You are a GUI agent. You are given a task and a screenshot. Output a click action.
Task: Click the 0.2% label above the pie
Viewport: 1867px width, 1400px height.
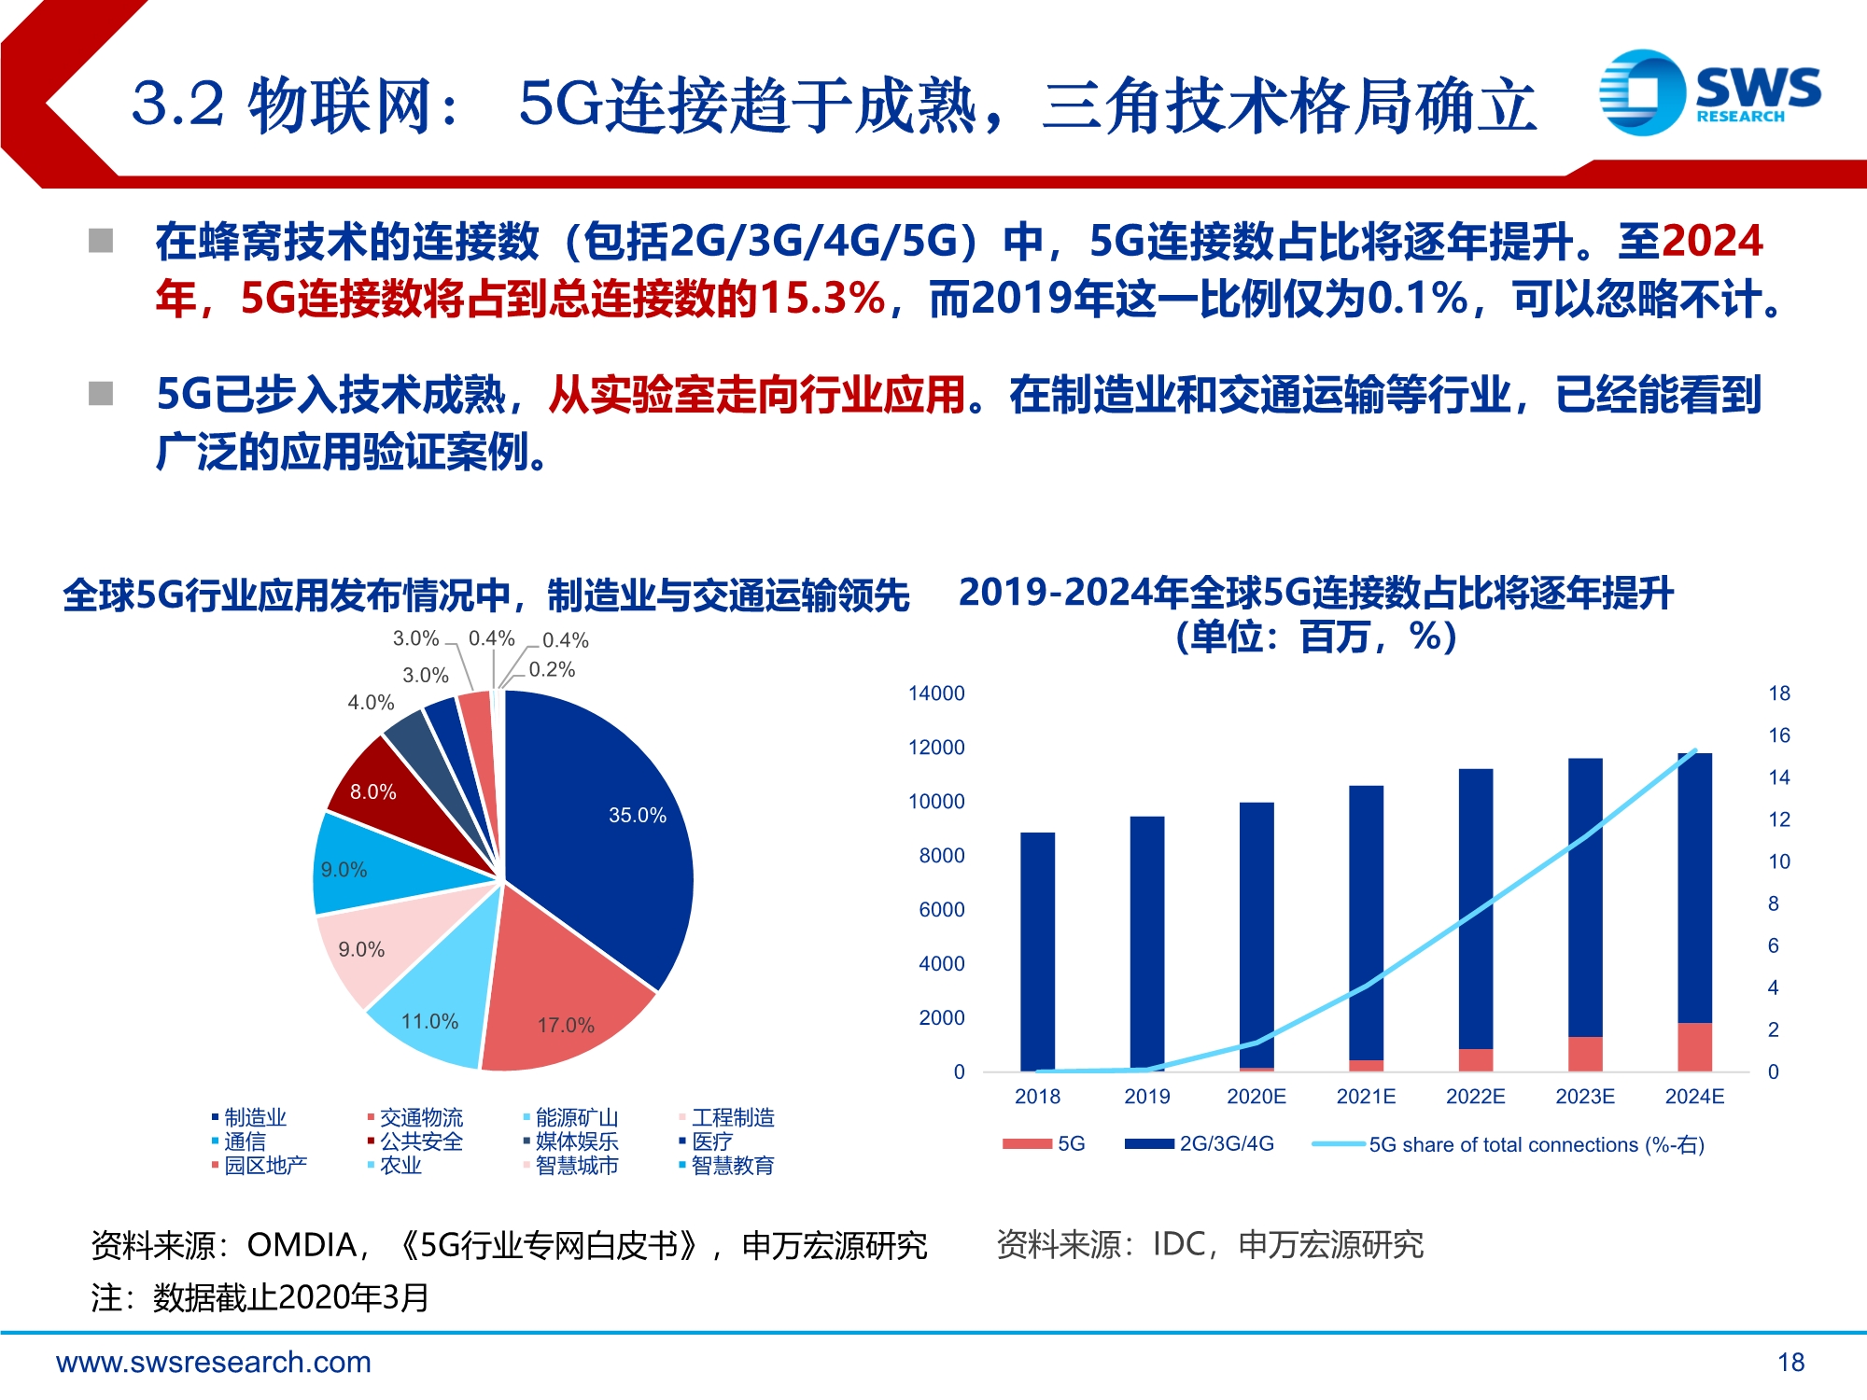[x=552, y=669]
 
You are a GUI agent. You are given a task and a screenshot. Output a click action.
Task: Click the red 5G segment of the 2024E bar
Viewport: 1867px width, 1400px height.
[x=1694, y=1046]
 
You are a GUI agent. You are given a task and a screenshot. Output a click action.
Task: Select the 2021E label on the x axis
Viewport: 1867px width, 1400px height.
[x=1366, y=1097]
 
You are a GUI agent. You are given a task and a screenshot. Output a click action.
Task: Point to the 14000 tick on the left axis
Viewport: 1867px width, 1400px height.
[x=936, y=693]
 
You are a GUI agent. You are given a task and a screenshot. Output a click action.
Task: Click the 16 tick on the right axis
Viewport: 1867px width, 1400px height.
[x=1779, y=735]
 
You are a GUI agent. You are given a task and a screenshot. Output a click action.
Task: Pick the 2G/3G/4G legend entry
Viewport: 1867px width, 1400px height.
[x=1226, y=1143]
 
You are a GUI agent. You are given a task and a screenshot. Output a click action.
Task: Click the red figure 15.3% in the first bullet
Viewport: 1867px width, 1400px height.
[x=821, y=299]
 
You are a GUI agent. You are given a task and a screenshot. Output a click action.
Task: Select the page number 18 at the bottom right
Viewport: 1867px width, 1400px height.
[x=1790, y=1363]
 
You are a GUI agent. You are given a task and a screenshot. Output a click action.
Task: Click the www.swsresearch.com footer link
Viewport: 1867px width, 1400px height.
[x=214, y=1363]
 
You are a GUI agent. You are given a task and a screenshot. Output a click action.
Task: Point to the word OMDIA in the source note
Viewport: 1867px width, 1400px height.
[x=302, y=1245]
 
